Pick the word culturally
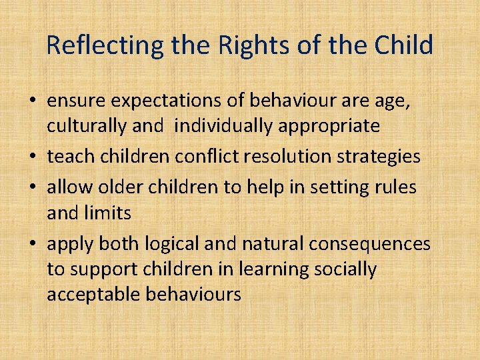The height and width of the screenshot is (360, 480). [85, 125]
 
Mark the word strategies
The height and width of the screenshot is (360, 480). [382, 156]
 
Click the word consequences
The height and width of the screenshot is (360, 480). [369, 244]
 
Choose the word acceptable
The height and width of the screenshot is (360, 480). [93, 294]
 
